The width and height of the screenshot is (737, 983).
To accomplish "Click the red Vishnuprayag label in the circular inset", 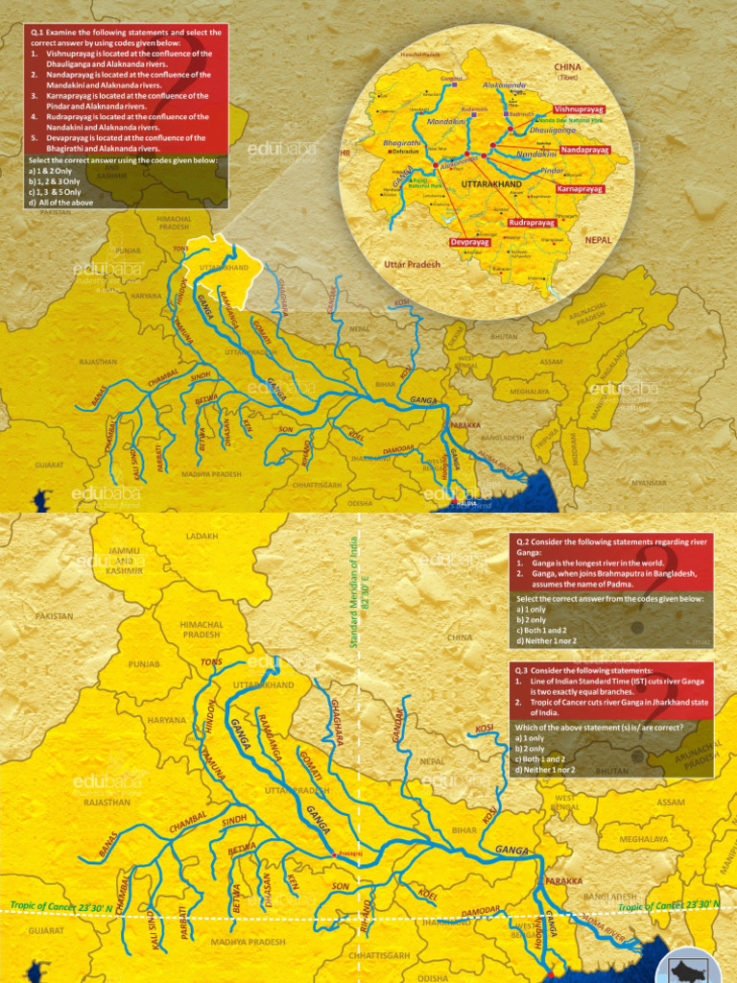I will pyautogui.click(x=580, y=110).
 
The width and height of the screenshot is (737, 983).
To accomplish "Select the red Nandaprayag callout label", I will pyautogui.click(x=584, y=151).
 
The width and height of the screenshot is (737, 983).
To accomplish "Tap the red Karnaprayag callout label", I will pyautogui.click(x=580, y=190).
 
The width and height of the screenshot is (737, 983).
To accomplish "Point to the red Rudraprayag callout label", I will pyautogui.click(x=532, y=223).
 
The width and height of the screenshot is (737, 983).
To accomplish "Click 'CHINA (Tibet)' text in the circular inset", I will pyautogui.click(x=568, y=71).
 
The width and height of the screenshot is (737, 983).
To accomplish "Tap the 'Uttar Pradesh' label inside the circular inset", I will pyautogui.click(x=412, y=264).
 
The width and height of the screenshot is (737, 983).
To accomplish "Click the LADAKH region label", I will pyautogui.click(x=202, y=537).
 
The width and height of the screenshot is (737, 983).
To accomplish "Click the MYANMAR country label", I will pyautogui.click(x=649, y=483).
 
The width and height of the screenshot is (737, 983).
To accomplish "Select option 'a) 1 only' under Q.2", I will pyautogui.click(x=532, y=610).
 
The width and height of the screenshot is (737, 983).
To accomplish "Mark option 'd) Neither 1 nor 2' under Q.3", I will pyautogui.click(x=545, y=770).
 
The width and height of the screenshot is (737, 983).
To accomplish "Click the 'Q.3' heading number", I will pyautogui.click(x=521, y=671).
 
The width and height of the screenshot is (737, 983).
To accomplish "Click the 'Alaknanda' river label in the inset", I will pyautogui.click(x=504, y=85).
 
